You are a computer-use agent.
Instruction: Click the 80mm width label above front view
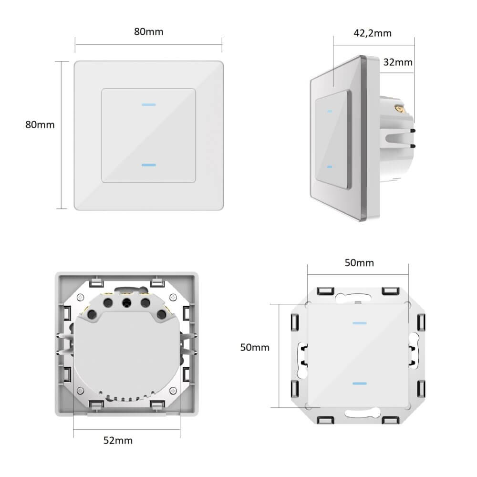coord(148,32)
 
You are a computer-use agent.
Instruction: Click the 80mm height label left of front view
coord(40,124)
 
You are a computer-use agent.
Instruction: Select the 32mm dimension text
coord(397,62)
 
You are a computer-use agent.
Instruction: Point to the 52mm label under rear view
coord(118,440)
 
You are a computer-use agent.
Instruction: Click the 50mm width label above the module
coord(359,263)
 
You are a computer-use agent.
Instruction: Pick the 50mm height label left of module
coord(254,347)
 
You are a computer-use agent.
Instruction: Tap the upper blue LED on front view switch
coord(149,104)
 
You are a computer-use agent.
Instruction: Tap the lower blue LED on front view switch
coord(149,165)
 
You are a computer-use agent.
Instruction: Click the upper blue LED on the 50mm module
coord(359,323)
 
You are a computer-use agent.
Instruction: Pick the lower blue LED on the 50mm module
coord(359,384)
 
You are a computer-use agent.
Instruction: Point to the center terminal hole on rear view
coord(127,302)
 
